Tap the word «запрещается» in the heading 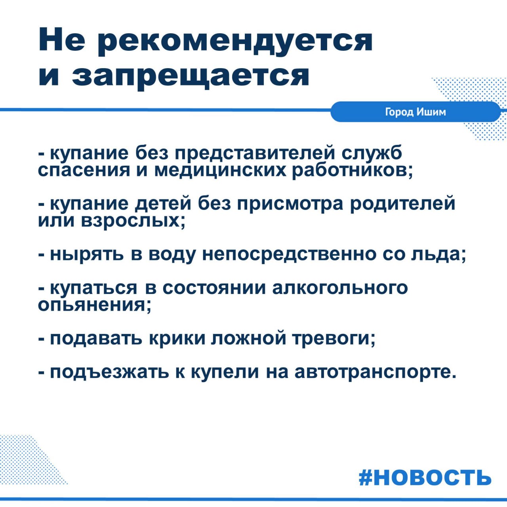pyautogui.click(x=191, y=76)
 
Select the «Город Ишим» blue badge pyautogui.click(x=415, y=112)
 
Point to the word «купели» pyautogui.click(x=229, y=373)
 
